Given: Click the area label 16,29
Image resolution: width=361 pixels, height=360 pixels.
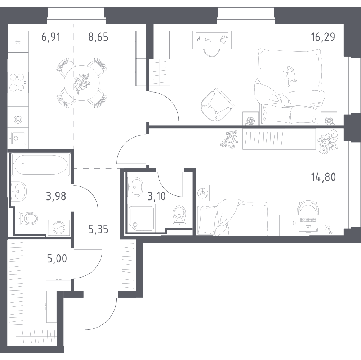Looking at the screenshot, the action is click(x=323, y=37).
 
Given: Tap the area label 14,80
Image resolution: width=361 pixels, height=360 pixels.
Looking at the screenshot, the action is click(x=323, y=177).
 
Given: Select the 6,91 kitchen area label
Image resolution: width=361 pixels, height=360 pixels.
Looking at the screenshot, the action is click(x=51, y=37).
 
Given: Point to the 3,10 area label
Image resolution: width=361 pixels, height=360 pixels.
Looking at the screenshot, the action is click(x=157, y=197).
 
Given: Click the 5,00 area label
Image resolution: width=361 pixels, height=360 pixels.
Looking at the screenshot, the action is click(x=57, y=258).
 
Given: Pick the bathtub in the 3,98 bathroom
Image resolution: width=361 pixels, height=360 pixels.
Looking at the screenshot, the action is click(x=41, y=165).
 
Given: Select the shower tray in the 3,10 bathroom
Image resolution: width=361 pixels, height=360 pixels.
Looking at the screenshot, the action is click(x=141, y=218).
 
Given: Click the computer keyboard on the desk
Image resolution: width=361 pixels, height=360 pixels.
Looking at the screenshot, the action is click(x=308, y=220).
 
